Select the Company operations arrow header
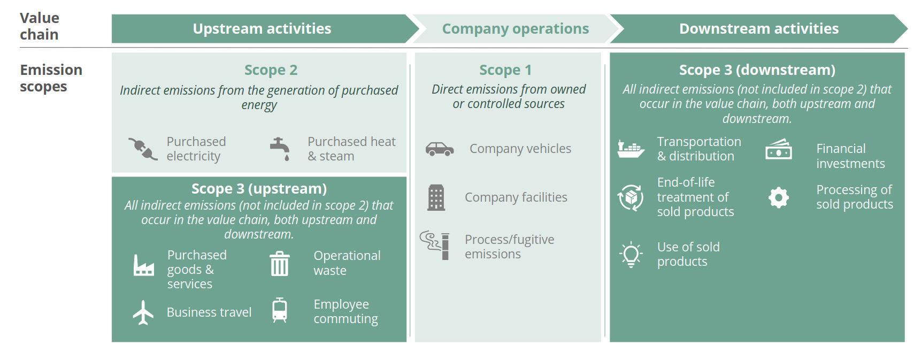tap(516, 28)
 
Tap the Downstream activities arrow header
tap(758, 28)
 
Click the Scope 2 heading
tap(271, 70)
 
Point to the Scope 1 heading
tap(505, 70)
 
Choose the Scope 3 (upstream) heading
tap(259, 189)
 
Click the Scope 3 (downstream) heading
tap(757, 70)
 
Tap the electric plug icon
tap(143, 149)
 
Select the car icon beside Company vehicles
tap(440, 149)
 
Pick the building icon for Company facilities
tap(436, 197)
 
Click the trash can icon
tap(280, 264)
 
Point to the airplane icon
tap(143, 312)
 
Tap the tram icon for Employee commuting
tap(280, 310)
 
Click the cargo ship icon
tap(631, 149)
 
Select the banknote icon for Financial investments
tap(779, 149)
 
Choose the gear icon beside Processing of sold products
tap(779, 197)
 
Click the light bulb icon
tap(631, 254)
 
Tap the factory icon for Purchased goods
tap(144, 265)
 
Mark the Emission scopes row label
tap(51, 78)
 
